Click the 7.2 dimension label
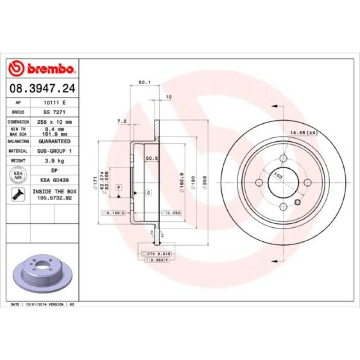121,121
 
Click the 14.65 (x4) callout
304,132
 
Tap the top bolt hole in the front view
283,158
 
